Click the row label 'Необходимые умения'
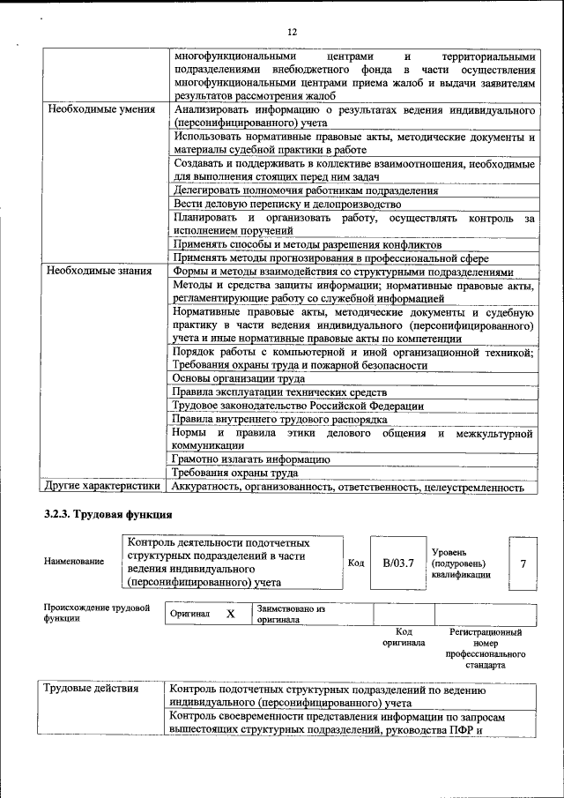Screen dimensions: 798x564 tap(101, 110)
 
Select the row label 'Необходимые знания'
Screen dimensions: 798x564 tap(100, 272)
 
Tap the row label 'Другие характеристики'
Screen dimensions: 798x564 tap(102, 485)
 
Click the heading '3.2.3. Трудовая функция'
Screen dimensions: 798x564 tap(108, 514)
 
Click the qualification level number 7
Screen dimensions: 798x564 tap(523, 561)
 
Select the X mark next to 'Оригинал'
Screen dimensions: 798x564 tap(230, 614)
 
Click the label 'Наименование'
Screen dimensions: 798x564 tap(73, 561)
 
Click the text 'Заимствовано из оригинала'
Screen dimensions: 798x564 tap(291, 614)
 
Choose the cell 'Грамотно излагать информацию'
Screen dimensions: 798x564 tap(251, 459)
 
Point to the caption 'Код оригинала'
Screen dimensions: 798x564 tap(404, 638)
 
